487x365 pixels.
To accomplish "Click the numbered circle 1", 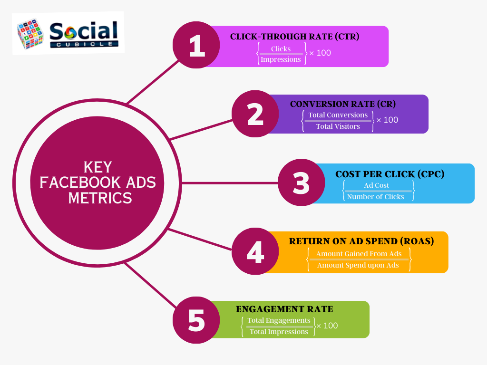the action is (x=196, y=45).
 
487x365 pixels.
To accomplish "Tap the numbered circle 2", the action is (x=255, y=114).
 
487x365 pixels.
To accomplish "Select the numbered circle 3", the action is (x=301, y=182).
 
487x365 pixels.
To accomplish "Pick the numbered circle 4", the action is (x=255, y=251).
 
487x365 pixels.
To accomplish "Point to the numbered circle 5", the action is (x=196, y=320).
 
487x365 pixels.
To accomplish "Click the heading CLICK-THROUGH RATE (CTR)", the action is (x=294, y=37).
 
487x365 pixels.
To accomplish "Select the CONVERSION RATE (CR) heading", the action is (x=343, y=104).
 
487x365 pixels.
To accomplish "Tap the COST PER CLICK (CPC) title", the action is (x=390, y=174).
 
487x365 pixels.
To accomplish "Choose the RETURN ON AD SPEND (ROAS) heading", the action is (x=361, y=241).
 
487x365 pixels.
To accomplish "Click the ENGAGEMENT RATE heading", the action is (x=284, y=309).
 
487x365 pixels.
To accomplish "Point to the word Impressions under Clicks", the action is (x=281, y=59).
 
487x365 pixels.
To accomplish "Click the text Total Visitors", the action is (x=338, y=126).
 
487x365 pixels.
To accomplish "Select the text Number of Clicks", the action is (x=376, y=197).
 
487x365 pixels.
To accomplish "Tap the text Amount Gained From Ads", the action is (x=359, y=254).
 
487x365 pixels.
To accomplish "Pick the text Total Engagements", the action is (x=279, y=320).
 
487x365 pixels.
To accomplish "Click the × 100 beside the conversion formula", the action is (x=387, y=120).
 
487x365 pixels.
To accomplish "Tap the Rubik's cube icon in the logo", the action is (x=30, y=34).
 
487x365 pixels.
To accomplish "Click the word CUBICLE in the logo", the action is (x=84, y=44).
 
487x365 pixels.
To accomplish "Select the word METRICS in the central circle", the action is (x=100, y=198).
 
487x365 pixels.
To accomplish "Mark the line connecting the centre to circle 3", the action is (x=230, y=183).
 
